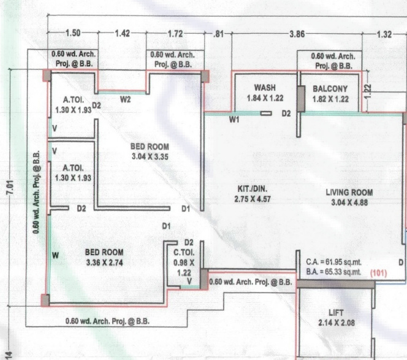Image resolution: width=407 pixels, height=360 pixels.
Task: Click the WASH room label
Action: click(x=264, y=88)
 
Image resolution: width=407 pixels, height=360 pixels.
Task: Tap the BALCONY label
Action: click(x=330, y=88)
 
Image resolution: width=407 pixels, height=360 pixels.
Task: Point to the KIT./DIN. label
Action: click(x=253, y=188)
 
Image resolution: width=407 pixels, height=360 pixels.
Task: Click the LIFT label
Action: click(x=337, y=313)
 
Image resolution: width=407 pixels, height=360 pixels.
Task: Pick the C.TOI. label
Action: click(x=184, y=252)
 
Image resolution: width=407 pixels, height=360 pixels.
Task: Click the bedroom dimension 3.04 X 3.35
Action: click(x=149, y=157)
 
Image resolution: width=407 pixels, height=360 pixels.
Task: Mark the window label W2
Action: click(x=125, y=99)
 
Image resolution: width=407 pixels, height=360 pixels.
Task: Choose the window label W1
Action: click(x=234, y=120)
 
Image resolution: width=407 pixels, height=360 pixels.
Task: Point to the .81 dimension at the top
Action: click(x=218, y=34)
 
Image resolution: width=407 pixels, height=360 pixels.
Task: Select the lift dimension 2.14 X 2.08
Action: click(x=337, y=323)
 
